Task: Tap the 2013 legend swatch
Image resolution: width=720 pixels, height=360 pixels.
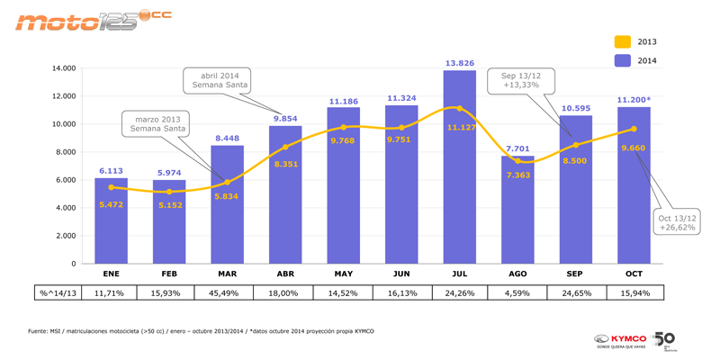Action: (x=623, y=41)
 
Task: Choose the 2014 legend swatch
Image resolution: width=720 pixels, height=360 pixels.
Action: (x=623, y=60)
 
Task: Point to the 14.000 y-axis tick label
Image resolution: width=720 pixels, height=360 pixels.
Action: (x=63, y=68)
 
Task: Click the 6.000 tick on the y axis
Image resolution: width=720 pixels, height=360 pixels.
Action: (x=65, y=180)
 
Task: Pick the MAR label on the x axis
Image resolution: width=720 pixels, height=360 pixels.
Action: (x=227, y=274)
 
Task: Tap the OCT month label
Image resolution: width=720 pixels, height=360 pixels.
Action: (x=634, y=274)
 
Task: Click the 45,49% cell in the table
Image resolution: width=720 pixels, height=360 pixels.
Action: (x=227, y=292)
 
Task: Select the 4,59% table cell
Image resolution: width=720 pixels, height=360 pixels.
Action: (x=517, y=292)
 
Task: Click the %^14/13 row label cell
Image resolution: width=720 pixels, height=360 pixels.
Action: (x=58, y=292)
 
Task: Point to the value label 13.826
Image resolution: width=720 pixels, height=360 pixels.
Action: (x=459, y=63)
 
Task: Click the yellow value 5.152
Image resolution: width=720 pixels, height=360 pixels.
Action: (x=168, y=205)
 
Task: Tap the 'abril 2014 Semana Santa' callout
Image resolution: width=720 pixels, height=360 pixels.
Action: (x=219, y=79)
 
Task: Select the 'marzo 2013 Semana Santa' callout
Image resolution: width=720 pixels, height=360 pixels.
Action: (x=158, y=123)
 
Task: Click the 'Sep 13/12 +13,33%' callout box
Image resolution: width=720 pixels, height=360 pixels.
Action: (x=521, y=81)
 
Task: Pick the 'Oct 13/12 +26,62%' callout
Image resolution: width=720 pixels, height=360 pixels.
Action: (x=677, y=222)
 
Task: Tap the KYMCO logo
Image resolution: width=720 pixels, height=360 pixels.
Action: (x=621, y=340)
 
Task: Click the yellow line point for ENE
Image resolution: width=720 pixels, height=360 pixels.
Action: (x=111, y=187)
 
